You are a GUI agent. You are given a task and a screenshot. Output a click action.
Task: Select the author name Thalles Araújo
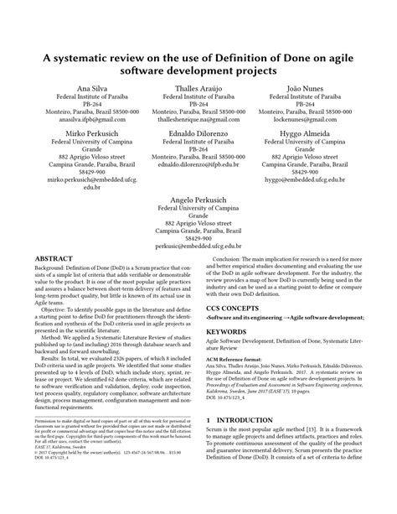click(198, 88)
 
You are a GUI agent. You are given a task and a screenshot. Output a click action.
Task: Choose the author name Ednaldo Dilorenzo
click(198, 133)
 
